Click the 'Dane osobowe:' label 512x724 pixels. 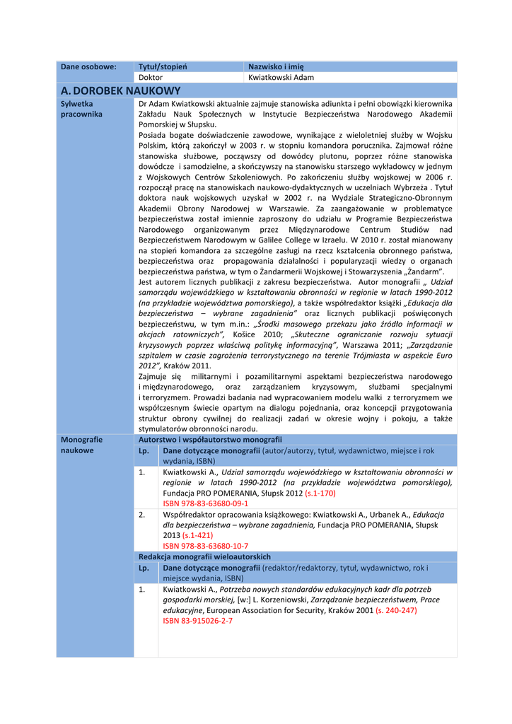pyautogui.click(x=88, y=66)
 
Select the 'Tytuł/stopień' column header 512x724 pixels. pyautogui.click(x=163, y=66)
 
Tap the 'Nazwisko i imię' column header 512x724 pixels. pyautogui.click(x=276, y=66)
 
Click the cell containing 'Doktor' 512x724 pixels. pyautogui.click(x=151, y=77)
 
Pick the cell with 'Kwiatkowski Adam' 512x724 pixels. pyautogui.click(x=281, y=77)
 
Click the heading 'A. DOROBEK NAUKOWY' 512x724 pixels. pyautogui.click(x=121, y=90)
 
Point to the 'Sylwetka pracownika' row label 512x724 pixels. pyautogui.click(x=81, y=108)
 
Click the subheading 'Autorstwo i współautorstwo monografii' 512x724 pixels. pyautogui.click(x=210, y=439)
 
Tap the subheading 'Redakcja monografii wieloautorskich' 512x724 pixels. pyautogui.click(x=204, y=556)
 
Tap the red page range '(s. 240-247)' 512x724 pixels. pyautogui.click(x=396, y=610)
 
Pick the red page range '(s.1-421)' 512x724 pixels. pyautogui.click(x=197, y=535)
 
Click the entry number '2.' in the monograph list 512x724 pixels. pyautogui.click(x=142, y=514)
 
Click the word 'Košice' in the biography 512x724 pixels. pyautogui.click(x=244, y=334)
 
